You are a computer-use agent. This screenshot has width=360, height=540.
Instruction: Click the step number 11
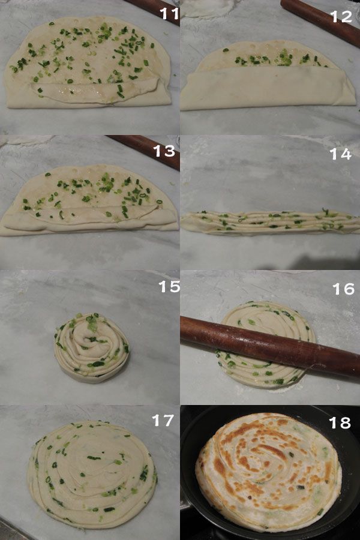(169, 13)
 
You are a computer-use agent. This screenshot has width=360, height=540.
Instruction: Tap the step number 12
(341, 16)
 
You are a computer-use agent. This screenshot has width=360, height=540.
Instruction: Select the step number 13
(164, 151)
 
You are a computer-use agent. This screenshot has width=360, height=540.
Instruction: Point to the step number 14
(340, 154)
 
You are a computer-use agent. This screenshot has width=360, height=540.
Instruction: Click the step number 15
(169, 286)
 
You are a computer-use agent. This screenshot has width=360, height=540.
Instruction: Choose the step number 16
(343, 289)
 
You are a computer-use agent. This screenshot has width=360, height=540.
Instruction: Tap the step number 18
(340, 422)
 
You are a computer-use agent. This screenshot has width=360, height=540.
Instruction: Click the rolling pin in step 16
(270, 346)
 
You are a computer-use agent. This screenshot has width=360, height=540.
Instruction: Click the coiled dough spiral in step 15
(92, 348)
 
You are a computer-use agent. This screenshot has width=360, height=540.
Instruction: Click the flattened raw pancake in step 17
(92, 474)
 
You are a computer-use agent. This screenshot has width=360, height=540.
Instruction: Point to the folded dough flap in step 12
(268, 88)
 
